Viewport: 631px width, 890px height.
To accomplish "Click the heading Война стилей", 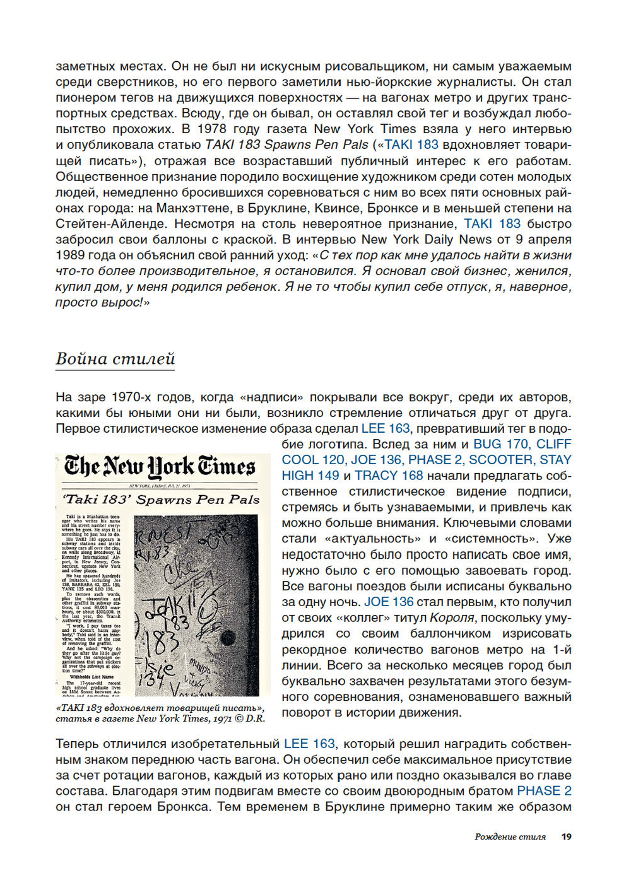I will point(115,359).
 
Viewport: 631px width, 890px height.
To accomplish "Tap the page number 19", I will point(566,836).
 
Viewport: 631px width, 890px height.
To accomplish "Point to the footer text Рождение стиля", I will point(510,836).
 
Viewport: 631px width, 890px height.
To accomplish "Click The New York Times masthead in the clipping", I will point(160,467).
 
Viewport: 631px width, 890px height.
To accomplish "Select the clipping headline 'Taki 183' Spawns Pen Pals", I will point(161,500).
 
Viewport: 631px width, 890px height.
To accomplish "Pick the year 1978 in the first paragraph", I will point(212,129).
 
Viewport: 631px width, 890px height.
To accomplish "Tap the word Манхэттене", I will point(190,208).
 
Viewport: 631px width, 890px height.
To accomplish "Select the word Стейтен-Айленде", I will point(110,223).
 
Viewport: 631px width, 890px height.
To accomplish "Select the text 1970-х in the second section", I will point(132,397).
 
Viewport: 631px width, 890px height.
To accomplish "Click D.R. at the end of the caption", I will point(255,718).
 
